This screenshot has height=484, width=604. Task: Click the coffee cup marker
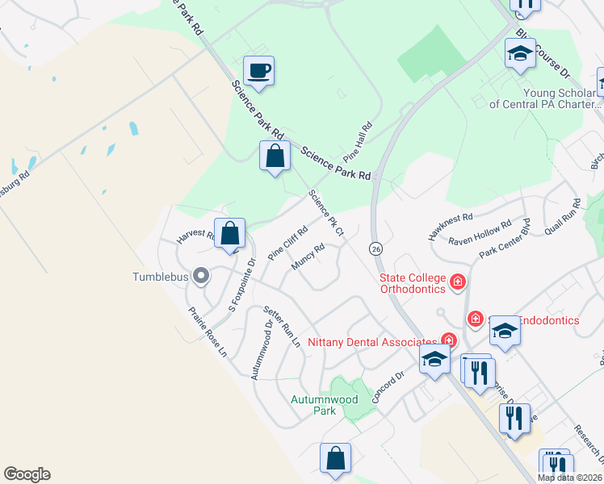point(258,70)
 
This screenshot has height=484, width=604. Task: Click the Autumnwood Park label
point(313,405)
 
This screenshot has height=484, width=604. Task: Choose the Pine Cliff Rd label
point(288,240)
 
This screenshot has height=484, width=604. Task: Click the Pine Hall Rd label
point(358,140)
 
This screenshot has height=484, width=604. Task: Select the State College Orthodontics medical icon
point(458,282)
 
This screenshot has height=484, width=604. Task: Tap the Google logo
point(27,474)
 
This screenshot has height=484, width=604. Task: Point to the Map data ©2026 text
point(569,478)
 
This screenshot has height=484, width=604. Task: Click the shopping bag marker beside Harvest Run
point(230,234)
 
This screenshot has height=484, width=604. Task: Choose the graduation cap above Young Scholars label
point(520,54)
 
